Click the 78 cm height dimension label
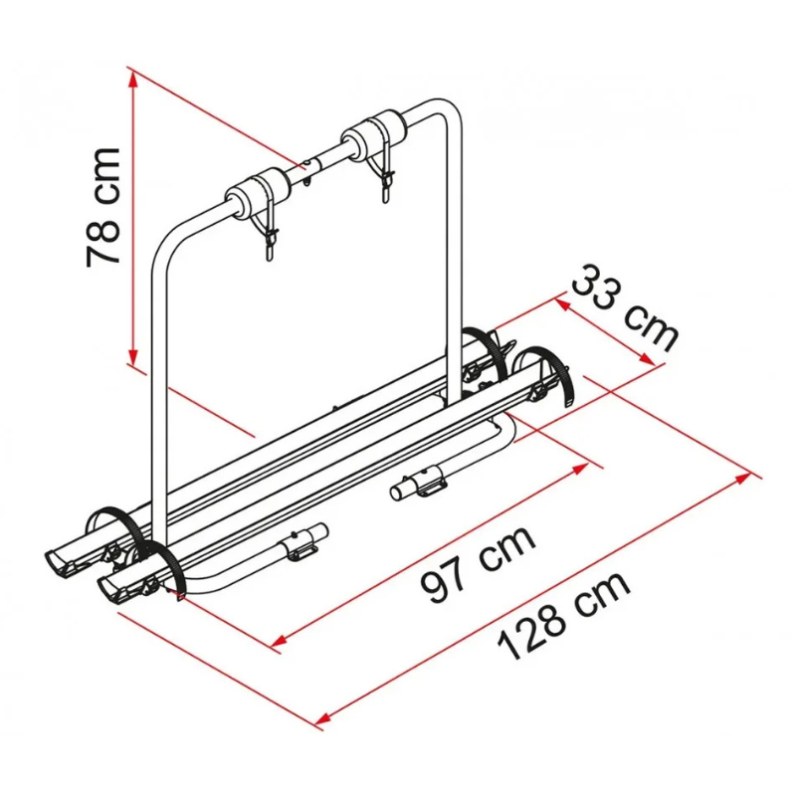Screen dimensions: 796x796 tap(103, 207)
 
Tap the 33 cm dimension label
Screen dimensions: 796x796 tap(625, 306)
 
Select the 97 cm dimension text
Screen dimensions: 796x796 tap(479, 564)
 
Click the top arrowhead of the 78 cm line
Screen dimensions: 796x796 tap(133, 79)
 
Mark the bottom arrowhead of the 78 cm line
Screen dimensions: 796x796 tap(133, 355)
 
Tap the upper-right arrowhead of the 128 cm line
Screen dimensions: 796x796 tap(742, 478)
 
